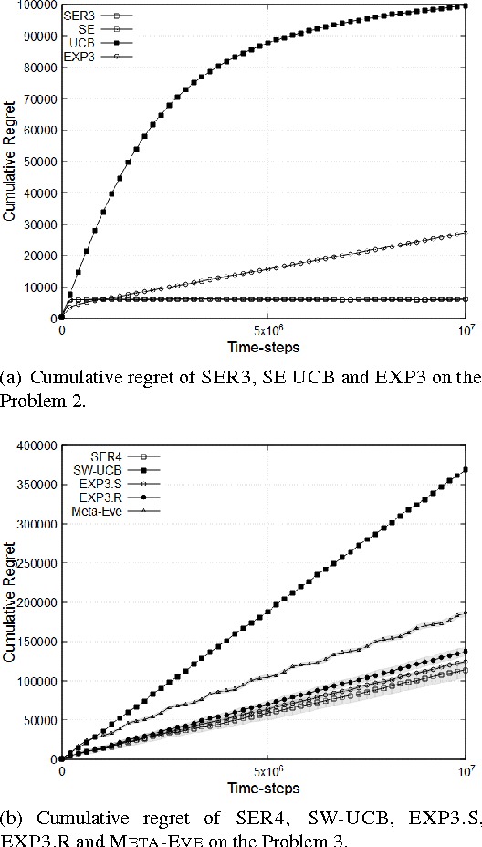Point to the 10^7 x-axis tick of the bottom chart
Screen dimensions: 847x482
466,771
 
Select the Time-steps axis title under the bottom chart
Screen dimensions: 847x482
265,788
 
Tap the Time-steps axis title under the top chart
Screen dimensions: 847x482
265,347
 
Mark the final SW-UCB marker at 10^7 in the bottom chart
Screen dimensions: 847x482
466,470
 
